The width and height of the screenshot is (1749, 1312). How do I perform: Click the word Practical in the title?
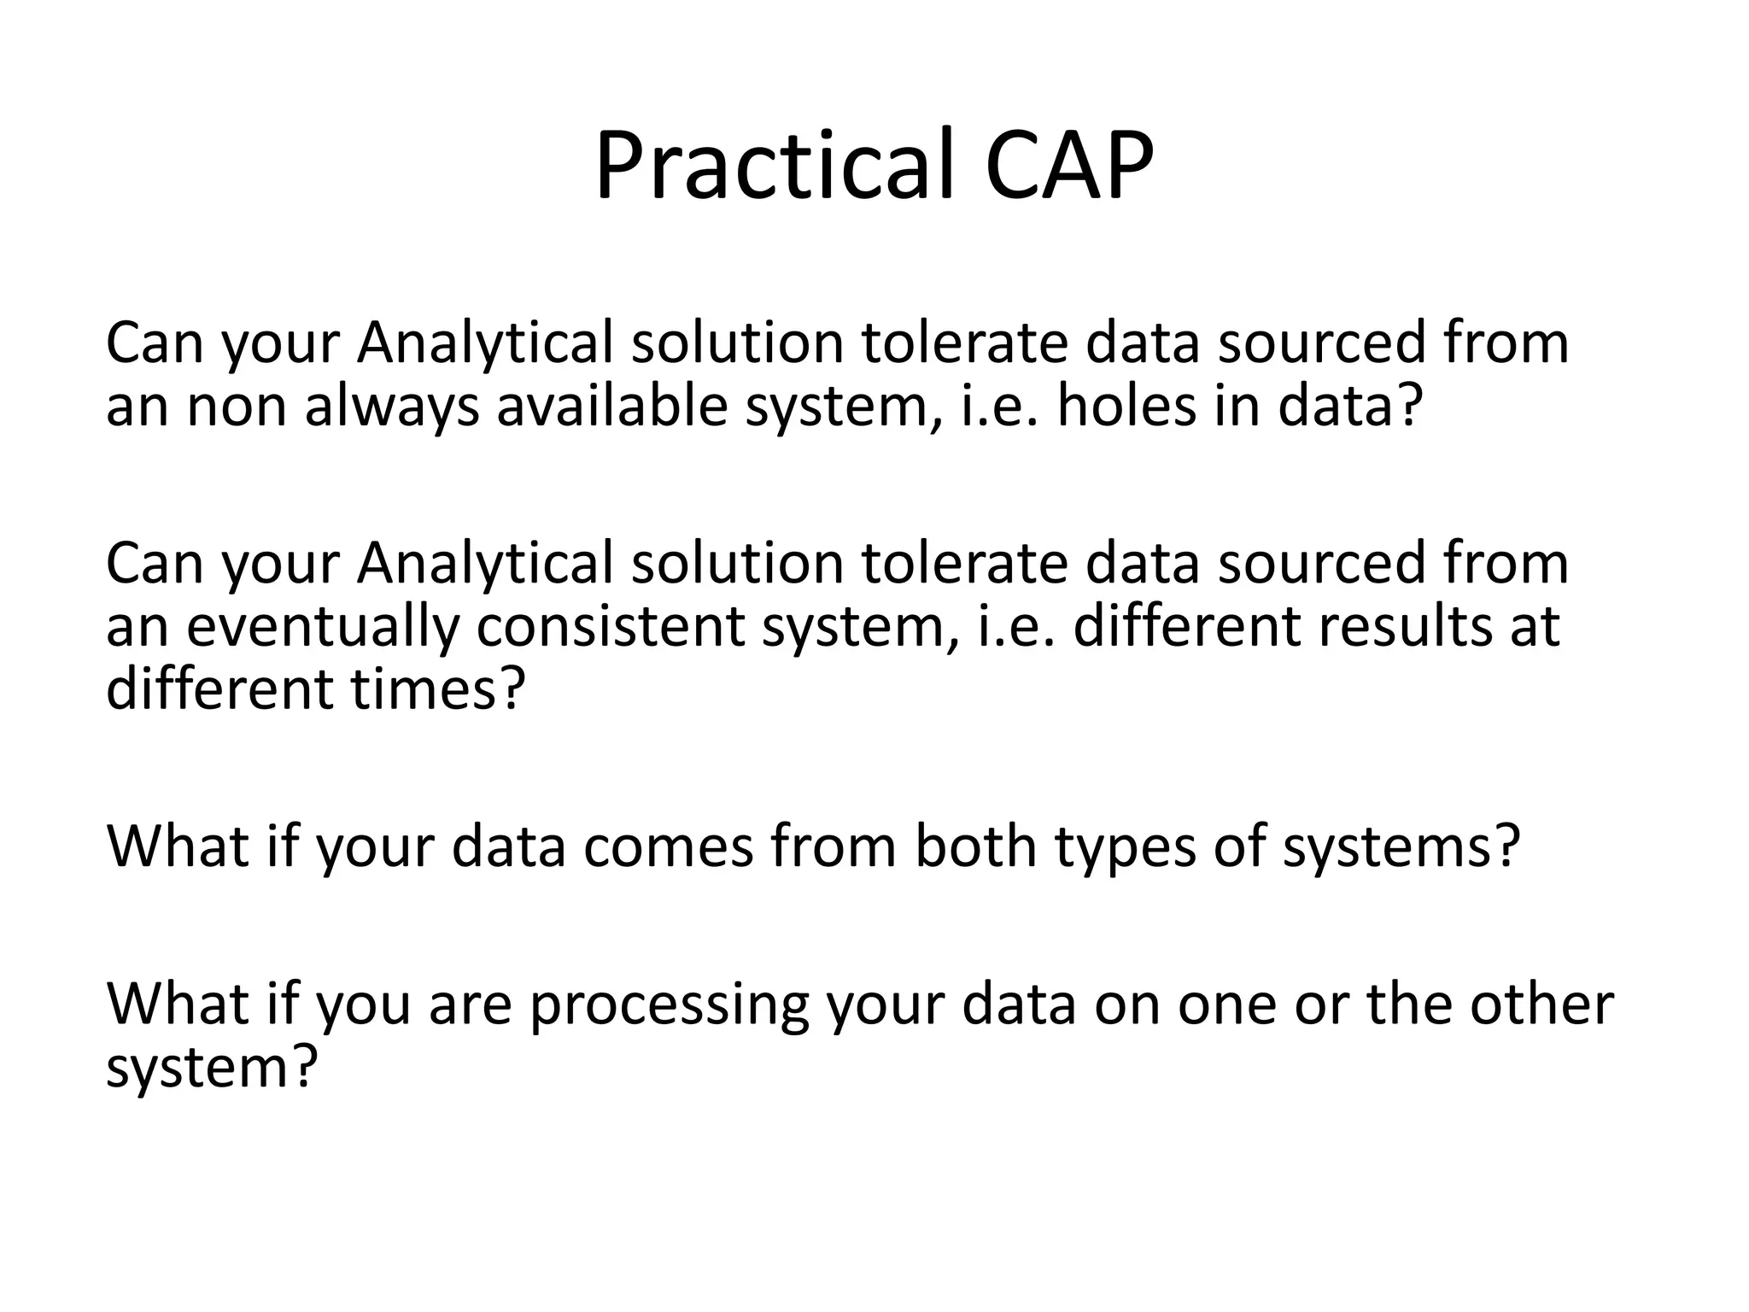click(773, 164)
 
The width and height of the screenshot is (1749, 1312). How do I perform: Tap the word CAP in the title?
click(1068, 164)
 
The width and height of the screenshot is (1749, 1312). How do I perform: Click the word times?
click(435, 689)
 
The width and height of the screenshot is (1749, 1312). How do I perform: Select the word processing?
click(668, 1004)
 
